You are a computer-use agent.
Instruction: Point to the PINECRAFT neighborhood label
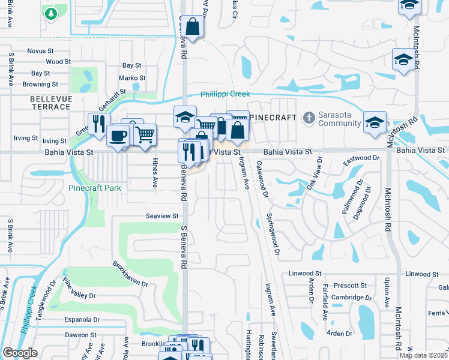pyautogui.click(x=273, y=118)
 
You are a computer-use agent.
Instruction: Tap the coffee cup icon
pyautogui.click(x=118, y=135)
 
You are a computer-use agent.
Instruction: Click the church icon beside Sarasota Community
pyautogui.click(x=309, y=117)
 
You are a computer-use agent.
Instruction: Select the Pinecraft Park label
pyautogui.click(x=94, y=188)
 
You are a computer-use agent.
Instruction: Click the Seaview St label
pyautogui.click(x=162, y=216)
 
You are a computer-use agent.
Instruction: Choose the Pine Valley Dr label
pyautogui.click(x=79, y=289)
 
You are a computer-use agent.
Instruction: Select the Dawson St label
pyautogui.click(x=80, y=335)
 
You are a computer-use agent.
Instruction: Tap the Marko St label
pyautogui.click(x=132, y=78)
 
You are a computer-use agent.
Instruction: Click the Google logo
pyautogui.click(x=20, y=353)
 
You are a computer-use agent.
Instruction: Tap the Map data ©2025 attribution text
pyautogui.click(x=423, y=356)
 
